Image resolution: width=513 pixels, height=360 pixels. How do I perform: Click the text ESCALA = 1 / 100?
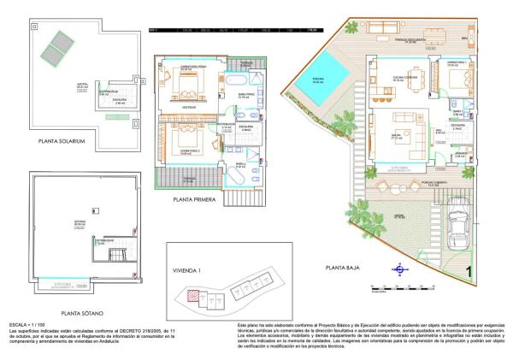click(x=26, y=326)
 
